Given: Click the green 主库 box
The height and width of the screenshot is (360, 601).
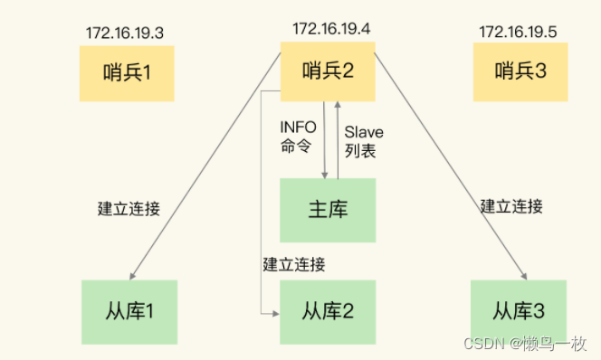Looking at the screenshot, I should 327,210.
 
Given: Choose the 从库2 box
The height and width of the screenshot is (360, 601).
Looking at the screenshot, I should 327,310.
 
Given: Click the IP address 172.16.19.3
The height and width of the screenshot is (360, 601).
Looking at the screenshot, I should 125,34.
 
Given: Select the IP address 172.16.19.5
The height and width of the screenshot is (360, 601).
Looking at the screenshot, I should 518,33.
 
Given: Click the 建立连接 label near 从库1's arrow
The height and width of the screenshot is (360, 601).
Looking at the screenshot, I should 129,208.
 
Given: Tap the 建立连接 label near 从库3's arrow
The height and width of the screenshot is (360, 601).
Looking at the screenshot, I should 511,206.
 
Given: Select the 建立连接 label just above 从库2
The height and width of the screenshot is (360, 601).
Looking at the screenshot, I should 294,264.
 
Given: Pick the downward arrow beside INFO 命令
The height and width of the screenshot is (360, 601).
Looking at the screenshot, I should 324,136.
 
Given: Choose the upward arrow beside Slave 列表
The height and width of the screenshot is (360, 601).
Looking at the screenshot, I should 339,136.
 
